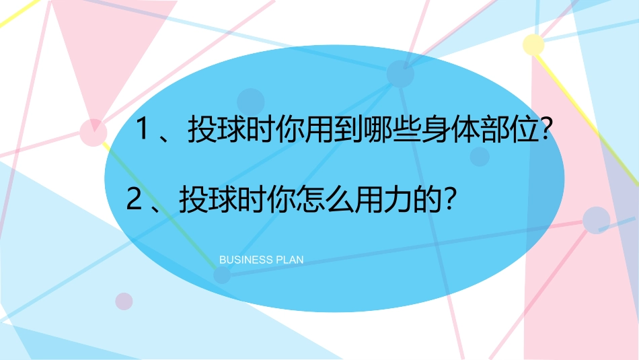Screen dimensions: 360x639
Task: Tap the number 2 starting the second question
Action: pyautogui.click(x=135, y=200)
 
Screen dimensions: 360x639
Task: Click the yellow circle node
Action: pyautogui.click(x=533, y=44)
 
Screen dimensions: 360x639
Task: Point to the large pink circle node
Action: pyautogui.click(x=93, y=132)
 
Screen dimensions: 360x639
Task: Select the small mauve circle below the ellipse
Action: pyautogui.click(x=124, y=301)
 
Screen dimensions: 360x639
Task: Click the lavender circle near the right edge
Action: pyautogui.click(x=596, y=220)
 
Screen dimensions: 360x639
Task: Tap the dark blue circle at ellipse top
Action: pyautogui.click(x=400, y=73)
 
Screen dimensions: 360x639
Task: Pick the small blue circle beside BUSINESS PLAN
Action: pyautogui.click(x=221, y=275)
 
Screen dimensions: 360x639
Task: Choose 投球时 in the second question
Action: pyautogui.click(x=220, y=200)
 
